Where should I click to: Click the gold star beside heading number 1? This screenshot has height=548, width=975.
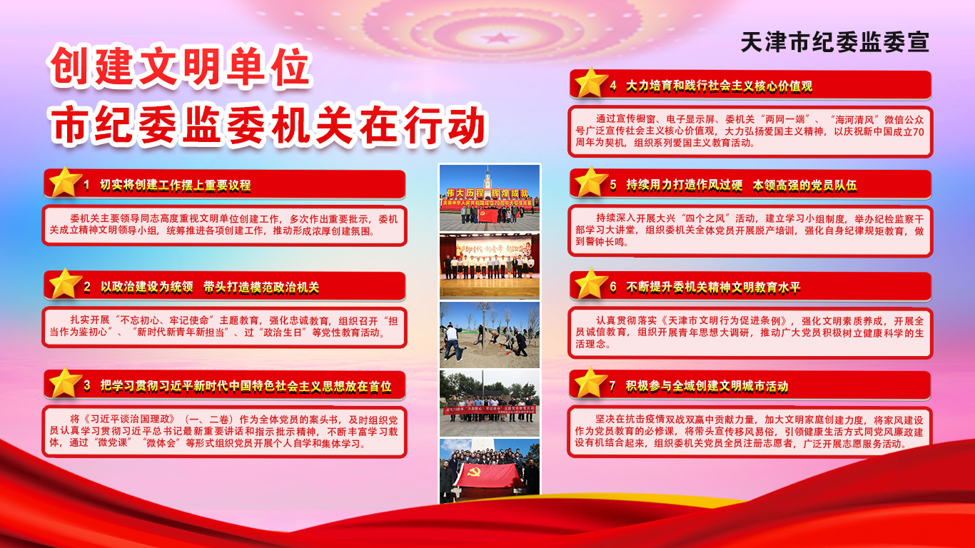tap(65, 181)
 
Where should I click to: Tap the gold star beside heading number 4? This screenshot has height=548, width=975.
tap(591, 82)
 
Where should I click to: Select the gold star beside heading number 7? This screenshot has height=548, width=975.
tap(591, 382)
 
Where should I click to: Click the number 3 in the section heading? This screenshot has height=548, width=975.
tap(87, 385)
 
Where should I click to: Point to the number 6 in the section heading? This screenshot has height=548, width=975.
tap(613, 287)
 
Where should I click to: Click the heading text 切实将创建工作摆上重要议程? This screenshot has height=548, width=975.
tap(176, 186)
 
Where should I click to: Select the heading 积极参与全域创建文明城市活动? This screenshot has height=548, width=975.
tap(707, 386)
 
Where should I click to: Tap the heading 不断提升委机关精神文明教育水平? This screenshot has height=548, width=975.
tap(713, 288)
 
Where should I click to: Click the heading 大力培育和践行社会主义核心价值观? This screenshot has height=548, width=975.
tap(719, 86)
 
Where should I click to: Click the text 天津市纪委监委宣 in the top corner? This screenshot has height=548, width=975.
tap(835, 43)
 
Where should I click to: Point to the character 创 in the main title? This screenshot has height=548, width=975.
tap(70, 66)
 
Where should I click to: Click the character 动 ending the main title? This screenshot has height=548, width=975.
tap(465, 126)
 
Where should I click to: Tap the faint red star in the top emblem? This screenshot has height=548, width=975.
tap(499, 39)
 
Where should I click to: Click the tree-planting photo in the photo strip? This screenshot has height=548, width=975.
tap(490, 335)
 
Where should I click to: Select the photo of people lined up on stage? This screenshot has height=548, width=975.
tap(490, 266)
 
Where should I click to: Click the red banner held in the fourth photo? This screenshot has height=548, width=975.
tap(489, 410)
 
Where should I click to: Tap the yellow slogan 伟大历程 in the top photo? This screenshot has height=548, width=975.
tap(465, 193)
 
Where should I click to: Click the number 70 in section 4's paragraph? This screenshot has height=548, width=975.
tap(918, 131)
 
